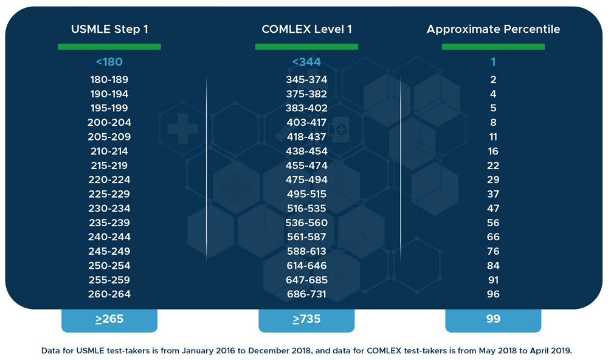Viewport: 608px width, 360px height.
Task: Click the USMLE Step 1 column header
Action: point(109,29)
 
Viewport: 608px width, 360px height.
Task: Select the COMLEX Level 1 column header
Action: point(306,29)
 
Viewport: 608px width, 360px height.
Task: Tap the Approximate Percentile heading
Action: point(493,29)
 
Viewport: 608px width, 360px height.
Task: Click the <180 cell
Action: point(109,61)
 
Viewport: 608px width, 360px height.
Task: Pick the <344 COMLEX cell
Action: point(306,61)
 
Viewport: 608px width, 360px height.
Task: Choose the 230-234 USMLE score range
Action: point(109,209)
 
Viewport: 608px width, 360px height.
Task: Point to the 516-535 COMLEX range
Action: point(306,209)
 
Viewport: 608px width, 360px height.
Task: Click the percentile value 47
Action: point(493,209)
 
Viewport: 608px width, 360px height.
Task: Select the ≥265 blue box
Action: point(109,319)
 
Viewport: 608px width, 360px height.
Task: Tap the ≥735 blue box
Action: point(306,319)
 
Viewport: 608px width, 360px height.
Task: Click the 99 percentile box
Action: point(493,319)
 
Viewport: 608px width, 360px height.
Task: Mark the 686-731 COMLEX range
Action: point(306,294)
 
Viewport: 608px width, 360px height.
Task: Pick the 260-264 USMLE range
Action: point(109,294)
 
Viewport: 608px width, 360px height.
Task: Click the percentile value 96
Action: point(493,294)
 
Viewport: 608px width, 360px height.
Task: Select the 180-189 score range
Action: point(109,80)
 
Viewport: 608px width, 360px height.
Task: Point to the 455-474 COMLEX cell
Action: point(306,165)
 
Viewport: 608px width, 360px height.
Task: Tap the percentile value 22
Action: point(493,165)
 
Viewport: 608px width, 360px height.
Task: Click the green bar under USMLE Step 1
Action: point(109,46)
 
